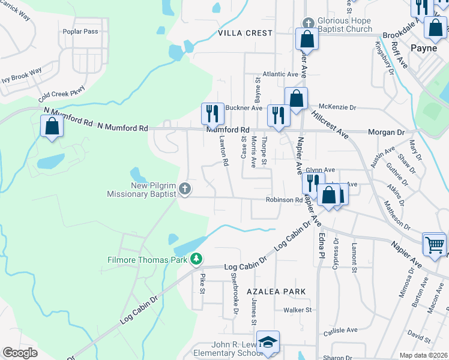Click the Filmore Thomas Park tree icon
click(x=196, y=259)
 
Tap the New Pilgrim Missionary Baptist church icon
click(x=185, y=189)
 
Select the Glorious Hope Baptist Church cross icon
click(x=308, y=23)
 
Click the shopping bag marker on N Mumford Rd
click(x=52, y=126)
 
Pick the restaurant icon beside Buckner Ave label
click(x=212, y=113)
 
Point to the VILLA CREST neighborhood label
click(x=245, y=33)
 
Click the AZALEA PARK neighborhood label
click(x=276, y=291)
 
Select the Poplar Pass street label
click(x=83, y=32)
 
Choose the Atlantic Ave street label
click(x=276, y=74)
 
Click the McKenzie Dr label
click(x=337, y=107)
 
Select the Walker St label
click(x=298, y=310)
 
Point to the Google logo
click(x=20, y=353)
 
